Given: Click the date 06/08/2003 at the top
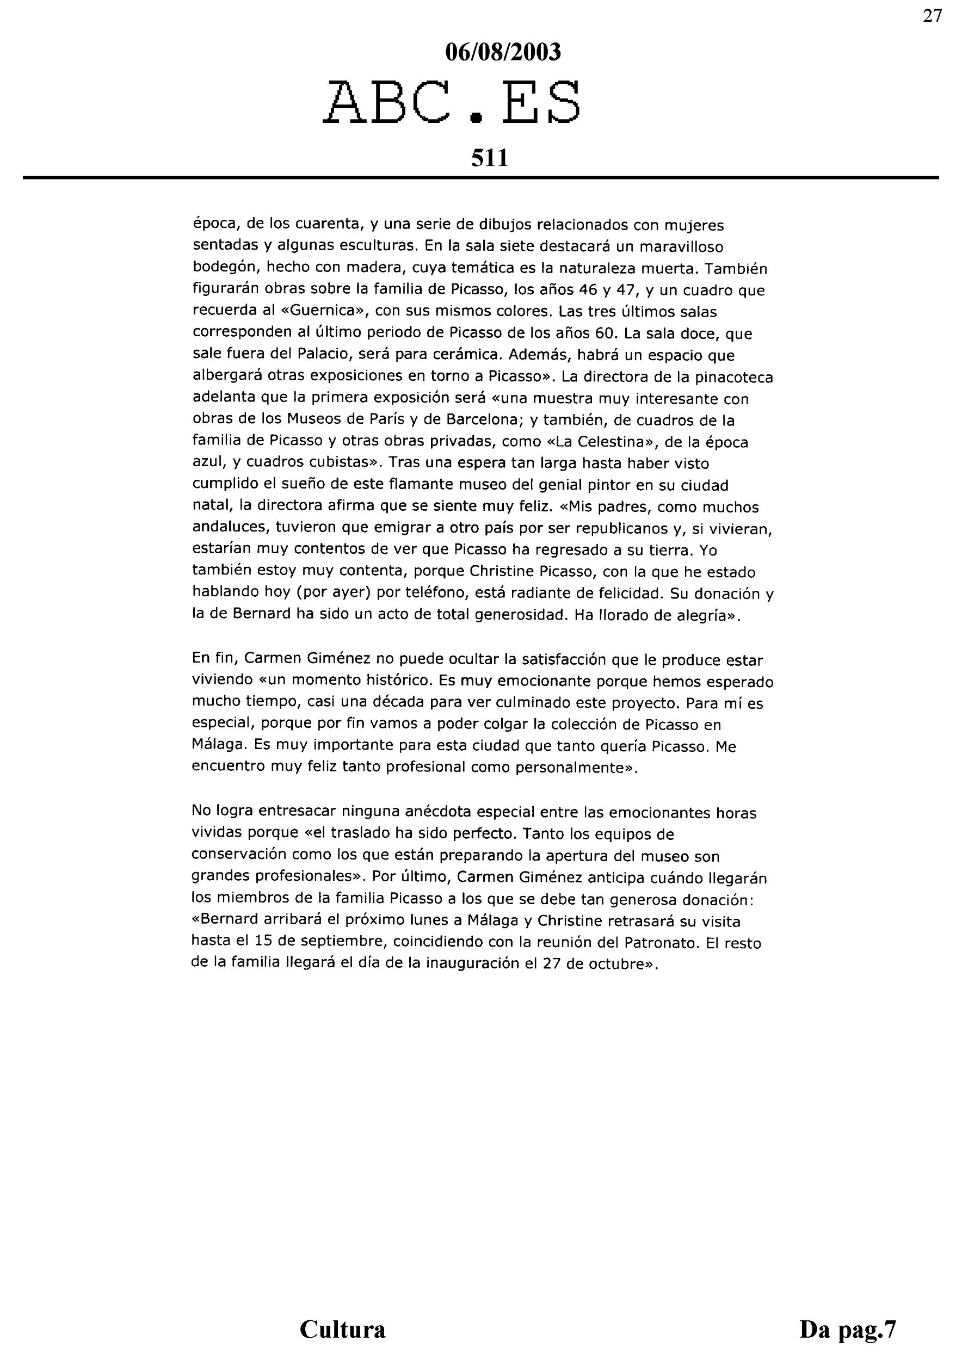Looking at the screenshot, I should tap(502, 53).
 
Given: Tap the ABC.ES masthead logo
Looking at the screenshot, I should tap(452, 103).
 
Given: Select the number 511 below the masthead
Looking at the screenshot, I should tap(489, 158).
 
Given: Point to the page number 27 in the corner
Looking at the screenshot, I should tap(933, 16).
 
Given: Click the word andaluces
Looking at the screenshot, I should tap(226, 529).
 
